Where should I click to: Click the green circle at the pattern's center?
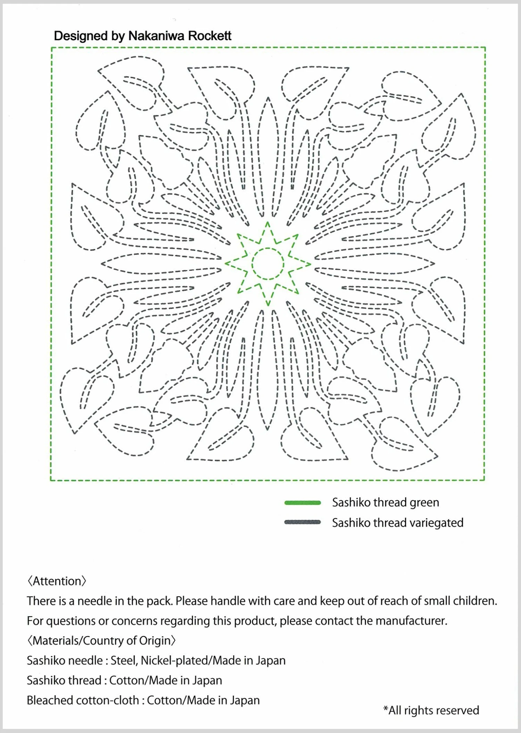[268, 264]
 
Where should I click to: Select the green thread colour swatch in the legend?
[302, 503]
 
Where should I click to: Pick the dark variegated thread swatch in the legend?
[302, 522]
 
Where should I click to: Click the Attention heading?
[57, 581]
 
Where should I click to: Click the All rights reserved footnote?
[431, 710]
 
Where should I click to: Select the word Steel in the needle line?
[124, 660]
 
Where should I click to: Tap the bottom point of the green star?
[268, 304]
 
